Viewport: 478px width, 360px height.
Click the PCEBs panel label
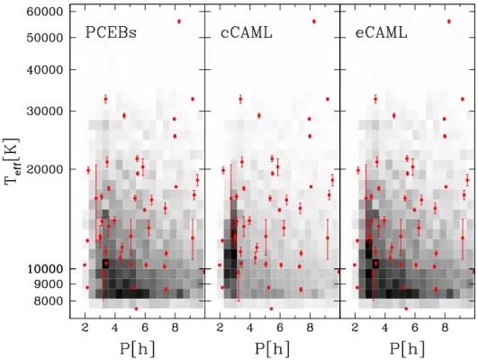[x=111, y=32]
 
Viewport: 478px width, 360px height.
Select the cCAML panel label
[x=247, y=32]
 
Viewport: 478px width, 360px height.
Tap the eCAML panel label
[x=382, y=32]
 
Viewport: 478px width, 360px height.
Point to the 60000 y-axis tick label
[x=45, y=12]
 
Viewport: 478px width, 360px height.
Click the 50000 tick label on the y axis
[x=45, y=38]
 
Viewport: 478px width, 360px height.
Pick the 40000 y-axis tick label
[x=45, y=70]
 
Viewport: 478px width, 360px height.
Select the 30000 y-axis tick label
[x=45, y=112]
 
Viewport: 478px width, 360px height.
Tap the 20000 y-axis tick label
[x=45, y=169]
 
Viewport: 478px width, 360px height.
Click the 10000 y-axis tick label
[x=45, y=269]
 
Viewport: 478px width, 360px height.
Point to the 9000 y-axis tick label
[x=49, y=284]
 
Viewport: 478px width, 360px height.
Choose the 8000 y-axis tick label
[x=49, y=301]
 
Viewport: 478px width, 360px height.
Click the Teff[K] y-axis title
[x=13, y=161]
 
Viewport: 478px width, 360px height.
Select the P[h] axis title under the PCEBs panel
[x=137, y=348]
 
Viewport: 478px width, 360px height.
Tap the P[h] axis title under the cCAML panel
[x=272, y=348]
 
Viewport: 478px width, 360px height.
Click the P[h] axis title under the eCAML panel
[x=407, y=348]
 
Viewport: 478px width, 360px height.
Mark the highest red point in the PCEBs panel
[x=179, y=22]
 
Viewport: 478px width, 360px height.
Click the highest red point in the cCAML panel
[x=314, y=22]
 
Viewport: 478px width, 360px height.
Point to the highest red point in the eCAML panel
[x=448, y=22]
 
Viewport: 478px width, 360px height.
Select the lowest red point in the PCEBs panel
[x=136, y=309]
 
